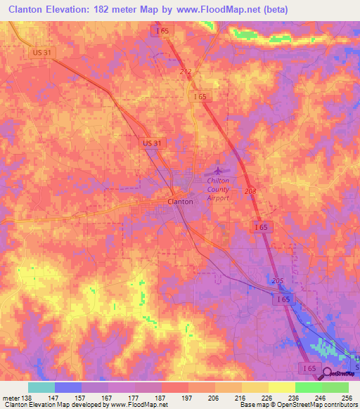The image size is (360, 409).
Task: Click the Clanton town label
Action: (x=181, y=201)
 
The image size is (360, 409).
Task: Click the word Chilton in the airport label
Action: (x=218, y=181)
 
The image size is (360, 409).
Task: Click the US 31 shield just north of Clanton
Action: (x=151, y=143)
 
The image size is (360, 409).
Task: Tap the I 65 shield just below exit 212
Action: (x=200, y=96)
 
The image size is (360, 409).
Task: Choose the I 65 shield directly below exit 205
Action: (x=283, y=299)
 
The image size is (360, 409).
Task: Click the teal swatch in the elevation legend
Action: (x=41, y=387)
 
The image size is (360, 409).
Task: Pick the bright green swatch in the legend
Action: (x=308, y=387)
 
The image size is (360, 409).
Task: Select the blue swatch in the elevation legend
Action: (x=67, y=387)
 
